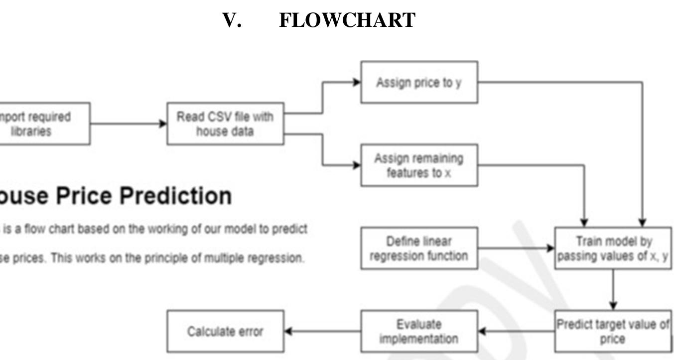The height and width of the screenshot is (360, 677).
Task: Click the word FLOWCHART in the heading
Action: point(347,20)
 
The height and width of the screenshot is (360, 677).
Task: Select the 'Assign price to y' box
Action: point(419,82)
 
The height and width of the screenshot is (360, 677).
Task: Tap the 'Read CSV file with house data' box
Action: point(225,124)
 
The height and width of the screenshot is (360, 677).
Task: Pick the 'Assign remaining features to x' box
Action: point(419,165)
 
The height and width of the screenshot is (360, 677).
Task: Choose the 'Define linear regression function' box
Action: point(419,248)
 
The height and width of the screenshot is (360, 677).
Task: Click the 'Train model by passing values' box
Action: point(613,248)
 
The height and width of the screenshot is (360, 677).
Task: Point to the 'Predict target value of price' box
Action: point(613,332)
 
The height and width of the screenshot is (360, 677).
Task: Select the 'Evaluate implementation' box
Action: point(419,332)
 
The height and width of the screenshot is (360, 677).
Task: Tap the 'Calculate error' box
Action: point(225,332)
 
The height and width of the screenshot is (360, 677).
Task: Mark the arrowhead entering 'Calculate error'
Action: point(288,332)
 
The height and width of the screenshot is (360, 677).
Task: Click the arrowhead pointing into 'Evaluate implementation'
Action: point(482,332)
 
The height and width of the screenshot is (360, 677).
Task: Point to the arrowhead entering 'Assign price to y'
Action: point(357,82)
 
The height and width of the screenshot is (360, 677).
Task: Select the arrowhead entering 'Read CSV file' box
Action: point(163,124)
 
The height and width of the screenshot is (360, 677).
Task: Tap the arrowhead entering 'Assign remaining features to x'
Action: point(357,165)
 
